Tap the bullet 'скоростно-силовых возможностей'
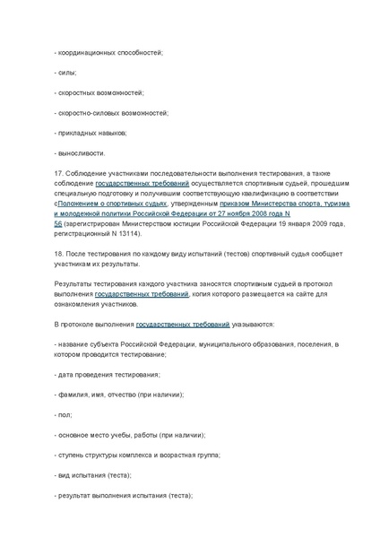point(113,113)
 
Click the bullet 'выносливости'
point(81,153)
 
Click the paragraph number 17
point(58,173)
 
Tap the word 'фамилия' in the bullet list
point(72,395)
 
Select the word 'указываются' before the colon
point(252,324)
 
